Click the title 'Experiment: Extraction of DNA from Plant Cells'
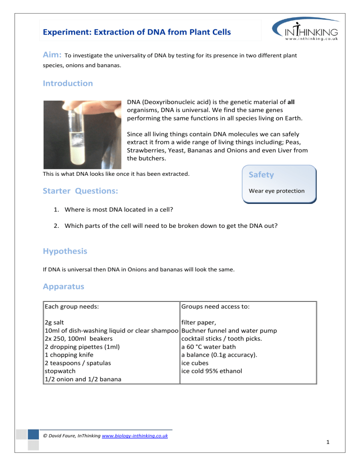[x=136, y=33]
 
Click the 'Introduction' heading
[x=67, y=83]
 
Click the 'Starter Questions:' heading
[x=80, y=191]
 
